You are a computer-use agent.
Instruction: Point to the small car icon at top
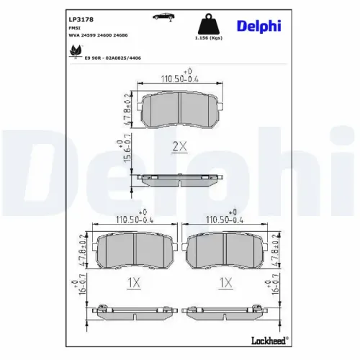pos(163,15)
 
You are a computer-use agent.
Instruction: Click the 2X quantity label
pos(179,147)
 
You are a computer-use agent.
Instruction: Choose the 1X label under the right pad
pos(226,284)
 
